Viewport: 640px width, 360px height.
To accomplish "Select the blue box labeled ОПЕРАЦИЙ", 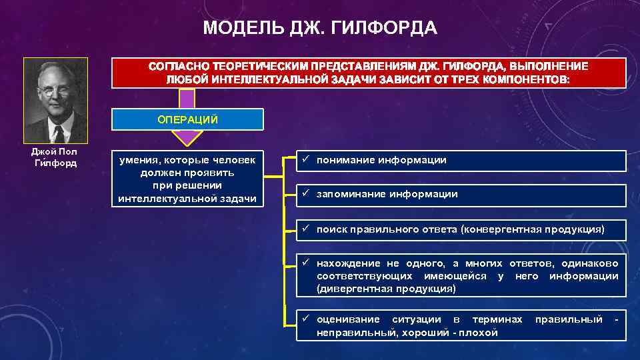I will (x=187, y=119).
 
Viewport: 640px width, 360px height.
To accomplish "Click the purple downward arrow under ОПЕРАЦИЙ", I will (x=187, y=137).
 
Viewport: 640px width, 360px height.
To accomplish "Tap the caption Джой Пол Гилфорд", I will (x=55, y=157).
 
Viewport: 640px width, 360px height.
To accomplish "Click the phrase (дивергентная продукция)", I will (x=386, y=289).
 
